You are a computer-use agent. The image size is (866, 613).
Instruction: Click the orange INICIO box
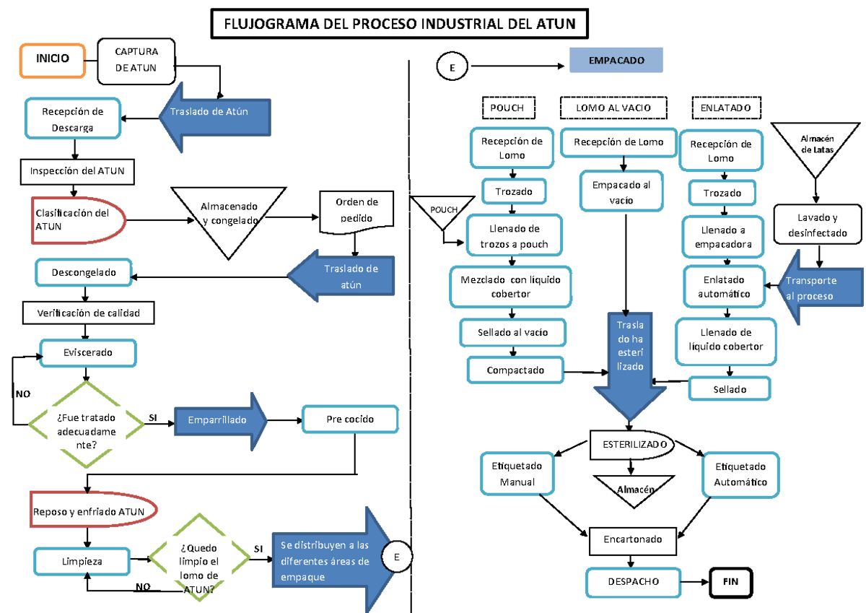point(54,58)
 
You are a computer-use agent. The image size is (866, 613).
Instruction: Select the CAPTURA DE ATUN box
point(136,60)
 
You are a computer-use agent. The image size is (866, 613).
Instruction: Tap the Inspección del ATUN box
point(77,171)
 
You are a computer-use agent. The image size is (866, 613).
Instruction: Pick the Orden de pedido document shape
point(357,210)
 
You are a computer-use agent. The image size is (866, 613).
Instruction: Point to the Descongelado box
point(84,272)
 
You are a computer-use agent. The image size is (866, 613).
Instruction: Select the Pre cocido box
point(349,419)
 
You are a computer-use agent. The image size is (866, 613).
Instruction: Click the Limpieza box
point(82,561)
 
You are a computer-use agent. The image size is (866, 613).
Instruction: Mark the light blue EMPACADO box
point(616,61)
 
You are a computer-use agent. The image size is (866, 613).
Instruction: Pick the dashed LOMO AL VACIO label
point(613,108)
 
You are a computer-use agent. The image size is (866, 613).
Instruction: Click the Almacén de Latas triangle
point(816,144)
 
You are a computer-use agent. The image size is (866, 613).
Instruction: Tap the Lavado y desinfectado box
point(818,225)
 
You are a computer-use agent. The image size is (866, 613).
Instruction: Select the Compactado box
point(515,370)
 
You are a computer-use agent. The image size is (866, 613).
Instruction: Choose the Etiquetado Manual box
point(517,474)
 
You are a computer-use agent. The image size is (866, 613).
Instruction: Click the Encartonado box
point(632,539)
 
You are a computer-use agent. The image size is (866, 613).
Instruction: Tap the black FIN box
point(730,581)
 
